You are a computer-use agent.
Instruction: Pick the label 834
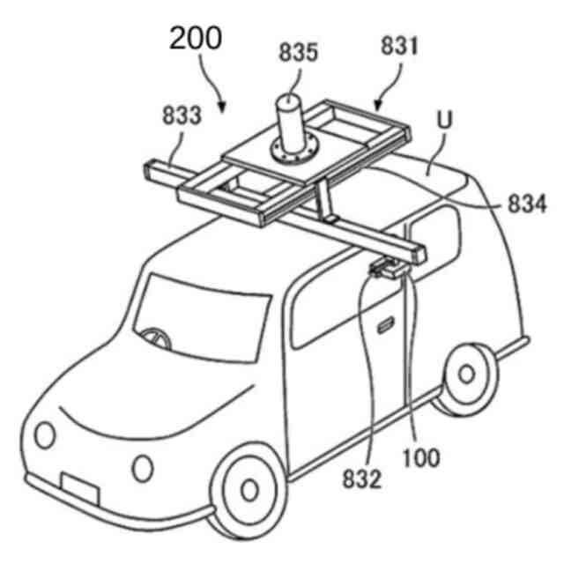point(527,204)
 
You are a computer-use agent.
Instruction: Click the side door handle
point(385,328)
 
